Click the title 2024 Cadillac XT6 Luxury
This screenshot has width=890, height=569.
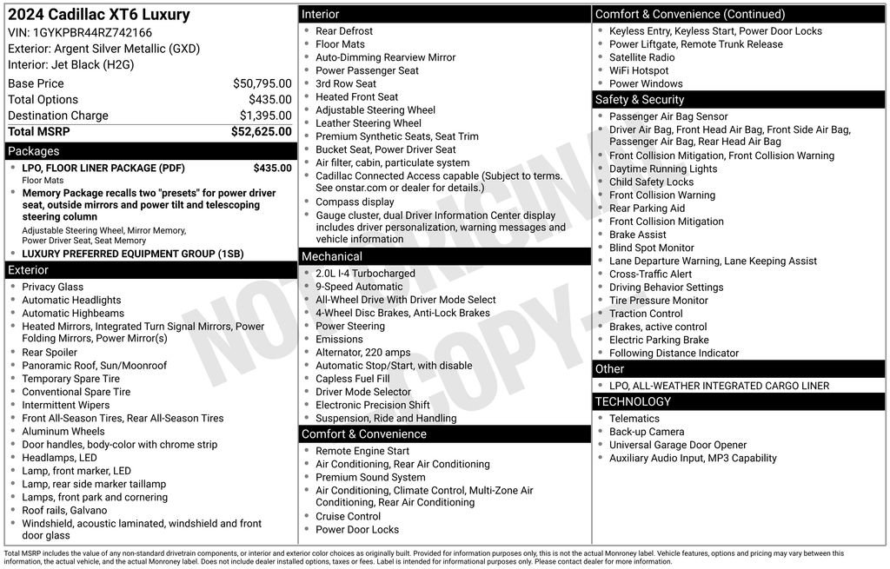(x=99, y=15)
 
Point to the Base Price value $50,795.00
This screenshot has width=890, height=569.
(x=262, y=83)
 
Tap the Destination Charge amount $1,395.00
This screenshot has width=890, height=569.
(x=265, y=116)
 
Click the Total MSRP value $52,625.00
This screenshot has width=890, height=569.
(x=261, y=132)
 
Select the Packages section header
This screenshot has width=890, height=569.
(x=34, y=151)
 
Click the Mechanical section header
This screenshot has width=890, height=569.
(x=332, y=256)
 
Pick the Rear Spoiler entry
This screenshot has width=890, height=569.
(x=50, y=353)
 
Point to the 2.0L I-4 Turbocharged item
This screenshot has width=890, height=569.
(x=365, y=274)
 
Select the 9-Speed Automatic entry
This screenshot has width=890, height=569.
(x=359, y=287)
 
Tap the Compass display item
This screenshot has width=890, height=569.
(x=355, y=202)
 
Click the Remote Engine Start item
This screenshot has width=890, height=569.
(x=362, y=451)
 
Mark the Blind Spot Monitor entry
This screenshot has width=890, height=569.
(x=651, y=248)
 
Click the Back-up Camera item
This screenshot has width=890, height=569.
(x=647, y=432)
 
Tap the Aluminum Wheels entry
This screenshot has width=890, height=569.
(x=63, y=432)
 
